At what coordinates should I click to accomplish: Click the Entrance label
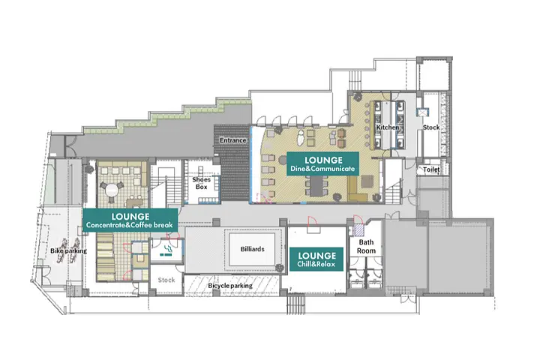coord(232,140)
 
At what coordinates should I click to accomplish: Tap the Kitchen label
coord(388,127)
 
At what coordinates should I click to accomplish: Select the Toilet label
coord(431,169)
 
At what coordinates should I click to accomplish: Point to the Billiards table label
coord(253,249)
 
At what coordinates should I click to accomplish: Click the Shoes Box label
coord(202,183)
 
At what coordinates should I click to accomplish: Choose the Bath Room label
coord(366,246)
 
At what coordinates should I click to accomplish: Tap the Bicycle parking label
coord(230,286)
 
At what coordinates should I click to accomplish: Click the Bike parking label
coord(68,250)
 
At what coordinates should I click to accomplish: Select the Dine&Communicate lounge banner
coord(323,164)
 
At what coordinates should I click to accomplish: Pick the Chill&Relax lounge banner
coord(316,259)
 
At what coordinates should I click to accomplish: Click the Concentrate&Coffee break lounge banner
coord(130,220)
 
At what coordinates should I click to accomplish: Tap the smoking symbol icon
coord(167,251)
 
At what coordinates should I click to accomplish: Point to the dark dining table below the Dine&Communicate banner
coord(316,186)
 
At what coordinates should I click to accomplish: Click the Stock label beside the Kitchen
coord(431,127)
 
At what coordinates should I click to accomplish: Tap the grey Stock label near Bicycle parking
coord(166,280)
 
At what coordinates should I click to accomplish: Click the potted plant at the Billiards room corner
coord(280,268)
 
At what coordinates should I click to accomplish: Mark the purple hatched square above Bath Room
coord(358,229)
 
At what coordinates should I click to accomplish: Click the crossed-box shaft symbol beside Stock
coord(422,112)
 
